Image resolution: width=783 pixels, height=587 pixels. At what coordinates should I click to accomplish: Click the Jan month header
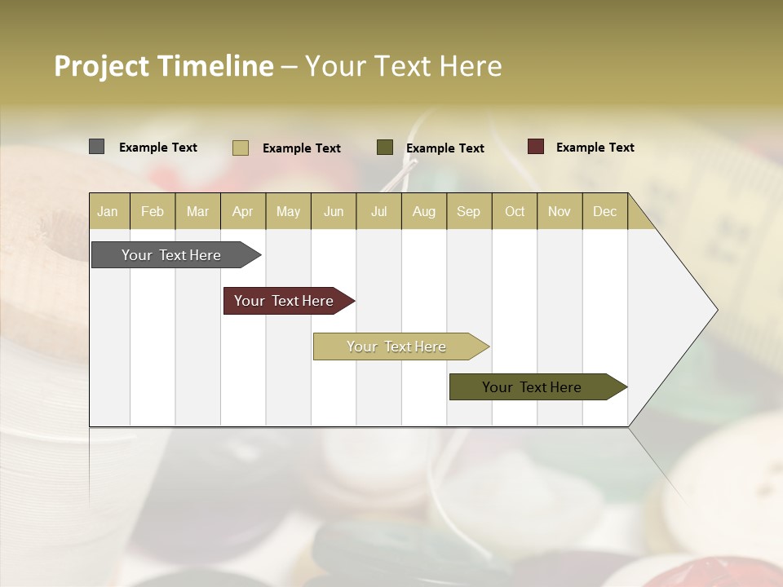pyautogui.click(x=108, y=211)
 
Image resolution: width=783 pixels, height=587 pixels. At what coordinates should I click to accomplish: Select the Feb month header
pyautogui.click(x=153, y=211)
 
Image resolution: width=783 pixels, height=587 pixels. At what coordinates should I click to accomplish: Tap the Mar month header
pyautogui.click(x=197, y=211)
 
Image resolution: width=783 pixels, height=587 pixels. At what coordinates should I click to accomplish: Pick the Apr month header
pyautogui.click(x=243, y=211)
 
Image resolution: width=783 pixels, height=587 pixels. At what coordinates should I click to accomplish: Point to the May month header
pyautogui.click(x=288, y=211)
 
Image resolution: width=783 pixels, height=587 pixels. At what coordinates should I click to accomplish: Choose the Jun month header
pyautogui.click(x=334, y=211)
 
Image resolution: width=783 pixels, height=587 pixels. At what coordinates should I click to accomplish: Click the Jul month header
pyautogui.click(x=378, y=211)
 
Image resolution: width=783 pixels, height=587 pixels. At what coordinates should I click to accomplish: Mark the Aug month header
pyautogui.click(x=424, y=211)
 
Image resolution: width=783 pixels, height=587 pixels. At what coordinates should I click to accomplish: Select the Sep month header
pyautogui.click(x=469, y=211)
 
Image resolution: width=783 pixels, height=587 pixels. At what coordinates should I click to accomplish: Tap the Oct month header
pyautogui.click(x=515, y=211)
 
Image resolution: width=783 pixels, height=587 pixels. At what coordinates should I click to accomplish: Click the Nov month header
pyautogui.click(x=560, y=211)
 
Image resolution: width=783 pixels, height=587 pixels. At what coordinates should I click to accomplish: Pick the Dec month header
pyautogui.click(x=605, y=211)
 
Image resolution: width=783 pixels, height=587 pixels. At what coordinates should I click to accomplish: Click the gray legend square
pyautogui.click(x=97, y=147)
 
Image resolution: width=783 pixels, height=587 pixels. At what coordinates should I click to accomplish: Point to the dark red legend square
pyautogui.click(x=536, y=147)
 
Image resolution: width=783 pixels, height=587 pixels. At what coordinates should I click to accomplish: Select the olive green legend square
pyautogui.click(x=385, y=148)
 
